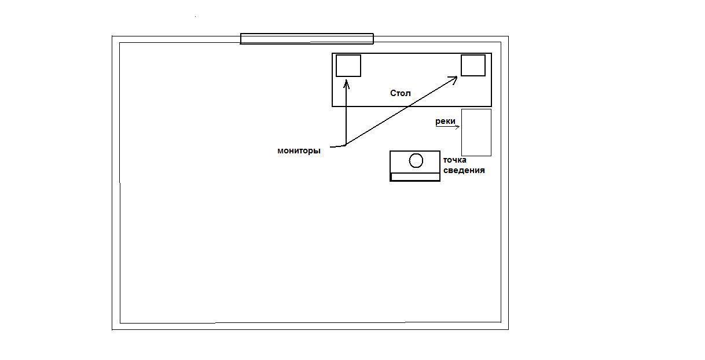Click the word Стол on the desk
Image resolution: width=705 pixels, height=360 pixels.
point(401,93)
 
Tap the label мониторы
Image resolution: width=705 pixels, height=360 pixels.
point(299,150)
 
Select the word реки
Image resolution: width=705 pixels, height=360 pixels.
point(445,122)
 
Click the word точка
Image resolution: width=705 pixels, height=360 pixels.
point(455,160)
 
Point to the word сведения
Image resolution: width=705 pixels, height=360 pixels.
point(464,170)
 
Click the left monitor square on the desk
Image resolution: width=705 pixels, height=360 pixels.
point(348,65)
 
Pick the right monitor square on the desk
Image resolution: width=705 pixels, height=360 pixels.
point(473,65)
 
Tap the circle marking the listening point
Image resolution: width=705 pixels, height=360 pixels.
point(416,160)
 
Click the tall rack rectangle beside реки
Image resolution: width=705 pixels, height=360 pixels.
point(476,133)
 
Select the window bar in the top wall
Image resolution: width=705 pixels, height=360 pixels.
point(307,39)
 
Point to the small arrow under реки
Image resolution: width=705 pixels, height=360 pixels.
point(447,127)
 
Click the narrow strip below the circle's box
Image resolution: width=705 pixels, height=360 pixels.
point(415,177)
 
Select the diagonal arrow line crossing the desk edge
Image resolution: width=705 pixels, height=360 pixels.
point(401,111)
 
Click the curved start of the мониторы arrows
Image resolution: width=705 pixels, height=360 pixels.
point(338,146)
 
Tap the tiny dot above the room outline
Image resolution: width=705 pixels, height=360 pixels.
point(196,16)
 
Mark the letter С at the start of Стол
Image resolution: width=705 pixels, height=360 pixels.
point(393,93)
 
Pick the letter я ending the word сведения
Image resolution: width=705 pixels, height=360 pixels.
point(482,171)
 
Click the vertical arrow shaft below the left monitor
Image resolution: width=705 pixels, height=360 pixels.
point(346,113)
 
